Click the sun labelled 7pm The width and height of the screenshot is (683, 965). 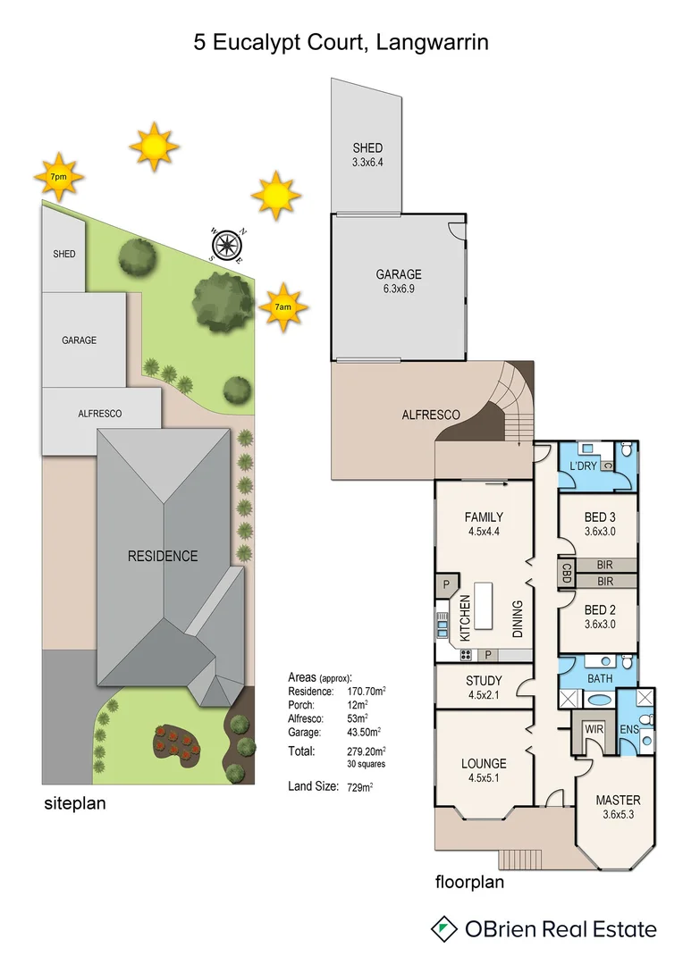click(58, 177)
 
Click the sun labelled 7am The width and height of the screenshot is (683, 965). click(283, 306)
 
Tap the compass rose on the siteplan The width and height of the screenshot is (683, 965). click(228, 244)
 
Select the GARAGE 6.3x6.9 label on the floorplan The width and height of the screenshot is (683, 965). click(398, 281)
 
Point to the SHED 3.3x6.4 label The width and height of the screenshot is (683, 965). click(367, 155)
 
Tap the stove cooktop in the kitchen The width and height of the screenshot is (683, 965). click(466, 655)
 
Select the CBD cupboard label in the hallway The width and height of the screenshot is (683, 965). click(566, 572)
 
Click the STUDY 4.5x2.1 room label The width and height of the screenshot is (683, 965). click(484, 687)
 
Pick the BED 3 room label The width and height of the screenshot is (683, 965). click(599, 524)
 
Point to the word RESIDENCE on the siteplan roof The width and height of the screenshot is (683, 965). click(163, 556)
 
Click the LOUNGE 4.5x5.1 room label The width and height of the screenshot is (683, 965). click(484, 770)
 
